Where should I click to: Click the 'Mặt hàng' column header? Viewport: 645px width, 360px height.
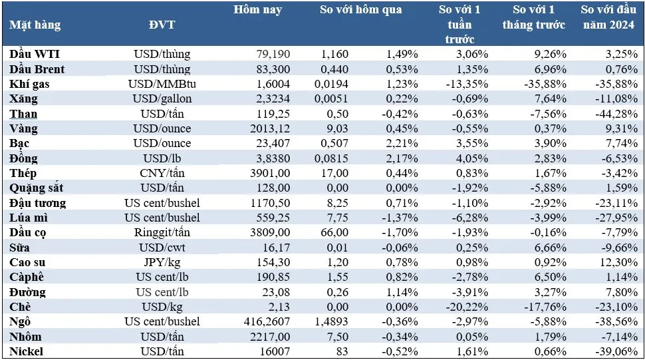pyautogui.click(x=35, y=25)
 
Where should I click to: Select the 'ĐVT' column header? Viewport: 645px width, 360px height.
pyautogui.click(x=162, y=25)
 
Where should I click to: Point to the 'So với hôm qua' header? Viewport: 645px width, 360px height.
pyautogui.click(x=360, y=10)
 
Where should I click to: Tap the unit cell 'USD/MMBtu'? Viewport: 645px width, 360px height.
pyautogui.click(x=162, y=84)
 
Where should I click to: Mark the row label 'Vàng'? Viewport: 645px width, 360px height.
pyautogui.click(x=25, y=128)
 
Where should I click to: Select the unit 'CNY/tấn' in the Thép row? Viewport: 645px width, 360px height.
pyautogui.click(x=162, y=173)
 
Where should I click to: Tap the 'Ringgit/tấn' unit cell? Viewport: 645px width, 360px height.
pyautogui.click(x=162, y=233)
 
